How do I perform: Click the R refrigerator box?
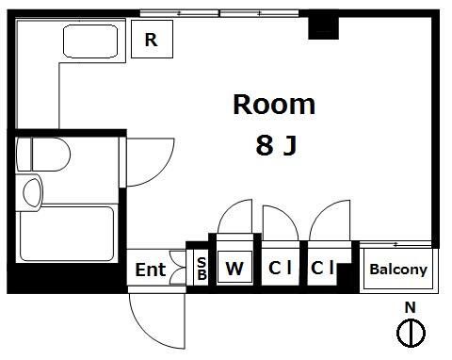(x=152, y=39)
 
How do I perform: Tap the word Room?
(x=274, y=105)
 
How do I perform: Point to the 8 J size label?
(x=276, y=145)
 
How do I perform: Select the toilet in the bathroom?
(x=43, y=155)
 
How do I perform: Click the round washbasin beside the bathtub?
(x=32, y=193)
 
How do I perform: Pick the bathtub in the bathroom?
(x=67, y=234)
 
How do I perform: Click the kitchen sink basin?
(x=90, y=41)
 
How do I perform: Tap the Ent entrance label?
(x=151, y=270)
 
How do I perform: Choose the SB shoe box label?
(x=202, y=269)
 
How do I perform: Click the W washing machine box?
(x=234, y=268)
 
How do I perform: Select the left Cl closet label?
(x=281, y=268)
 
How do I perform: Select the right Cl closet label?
(x=322, y=268)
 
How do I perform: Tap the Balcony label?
(x=398, y=270)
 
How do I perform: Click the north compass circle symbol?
(x=411, y=333)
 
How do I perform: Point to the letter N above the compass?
(x=410, y=307)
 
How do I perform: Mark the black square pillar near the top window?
(x=323, y=28)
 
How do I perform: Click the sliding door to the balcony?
(x=395, y=244)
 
